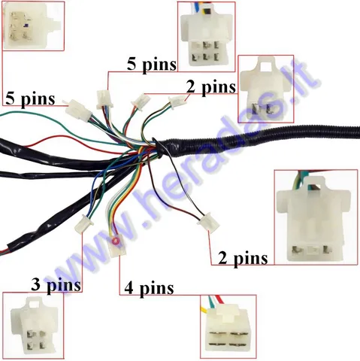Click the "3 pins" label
click(56, 286)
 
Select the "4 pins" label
click(149, 288)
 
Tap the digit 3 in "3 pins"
click(35, 284)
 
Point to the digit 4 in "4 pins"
click(129, 288)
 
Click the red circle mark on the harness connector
click(116, 241)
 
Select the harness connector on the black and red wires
click(208, 222)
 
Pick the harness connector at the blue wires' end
click(84, 223)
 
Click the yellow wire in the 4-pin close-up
click(204, 310)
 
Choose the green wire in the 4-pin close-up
click(212, 302)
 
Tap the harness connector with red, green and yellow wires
click(117, 247)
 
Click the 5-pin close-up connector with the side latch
click(32, 26)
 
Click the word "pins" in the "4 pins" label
click(156, 289)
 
